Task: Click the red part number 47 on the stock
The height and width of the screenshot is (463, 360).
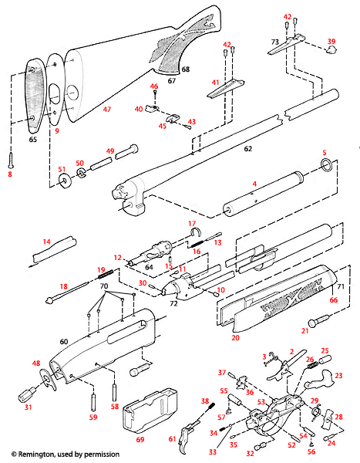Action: (x=107, y=110)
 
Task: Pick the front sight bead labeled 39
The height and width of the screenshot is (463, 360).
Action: (x=332, y=52)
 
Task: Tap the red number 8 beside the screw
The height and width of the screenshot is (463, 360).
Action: (x=10, y=174)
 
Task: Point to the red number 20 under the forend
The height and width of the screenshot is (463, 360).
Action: (x=234, y=338)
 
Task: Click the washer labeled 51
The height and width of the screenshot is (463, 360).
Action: (x=62, y=181)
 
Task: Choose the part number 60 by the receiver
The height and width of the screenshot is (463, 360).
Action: (x=64, y=340)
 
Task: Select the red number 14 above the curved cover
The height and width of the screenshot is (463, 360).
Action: (x=46, y=242)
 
